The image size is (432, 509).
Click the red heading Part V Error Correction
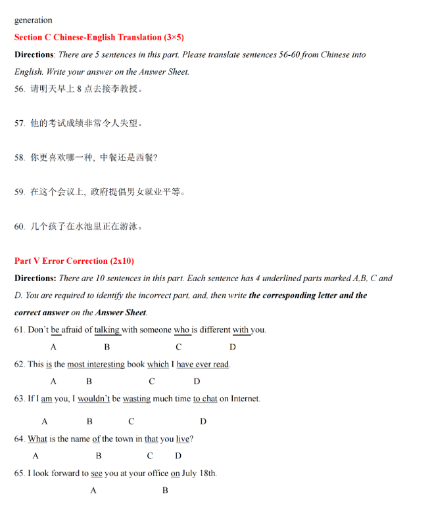pos(74,261)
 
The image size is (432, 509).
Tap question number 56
pos(20,89)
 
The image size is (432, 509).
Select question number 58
pos(20,158)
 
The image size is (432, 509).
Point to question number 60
pos(20,227)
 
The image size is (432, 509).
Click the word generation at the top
pos(33,20)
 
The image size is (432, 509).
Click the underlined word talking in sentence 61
pos(107,330)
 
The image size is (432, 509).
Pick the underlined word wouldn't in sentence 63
pos(93,399)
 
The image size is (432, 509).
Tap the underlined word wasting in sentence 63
pos(136,399)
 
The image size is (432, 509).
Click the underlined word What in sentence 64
pos(37,439)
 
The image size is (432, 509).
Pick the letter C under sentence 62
pos(152,382)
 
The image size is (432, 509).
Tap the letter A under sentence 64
pos(36,456)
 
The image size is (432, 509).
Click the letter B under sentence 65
pos(165,491)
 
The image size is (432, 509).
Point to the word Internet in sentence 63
pos(245,399)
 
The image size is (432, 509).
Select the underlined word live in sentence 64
pos(183,439)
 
